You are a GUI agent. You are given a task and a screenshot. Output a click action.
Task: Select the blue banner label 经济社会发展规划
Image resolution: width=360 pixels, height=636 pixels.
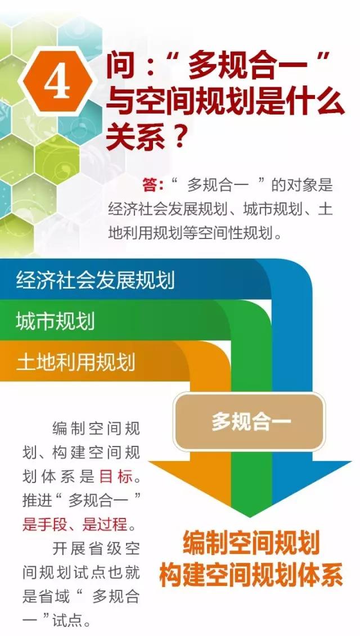tap(96, 280)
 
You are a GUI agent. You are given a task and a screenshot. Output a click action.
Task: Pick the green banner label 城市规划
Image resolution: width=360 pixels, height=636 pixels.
tap(55, 321)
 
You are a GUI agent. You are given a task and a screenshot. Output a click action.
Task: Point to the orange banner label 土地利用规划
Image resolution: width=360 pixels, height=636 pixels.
tap(75, 362)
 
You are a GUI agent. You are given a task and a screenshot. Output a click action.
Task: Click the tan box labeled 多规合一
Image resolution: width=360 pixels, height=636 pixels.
tap(249, 422)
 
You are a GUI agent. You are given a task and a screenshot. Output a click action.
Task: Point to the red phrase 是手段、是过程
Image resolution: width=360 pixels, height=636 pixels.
tap(75, 525)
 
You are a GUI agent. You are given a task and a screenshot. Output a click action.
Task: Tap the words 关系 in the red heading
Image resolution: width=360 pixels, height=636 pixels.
tap(132, 137)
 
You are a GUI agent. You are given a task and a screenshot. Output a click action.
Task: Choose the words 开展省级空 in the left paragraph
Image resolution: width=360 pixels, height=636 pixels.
tap(96, 548)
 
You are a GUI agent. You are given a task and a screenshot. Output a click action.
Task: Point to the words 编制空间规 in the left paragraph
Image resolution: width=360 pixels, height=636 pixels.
tap(96, 428)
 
